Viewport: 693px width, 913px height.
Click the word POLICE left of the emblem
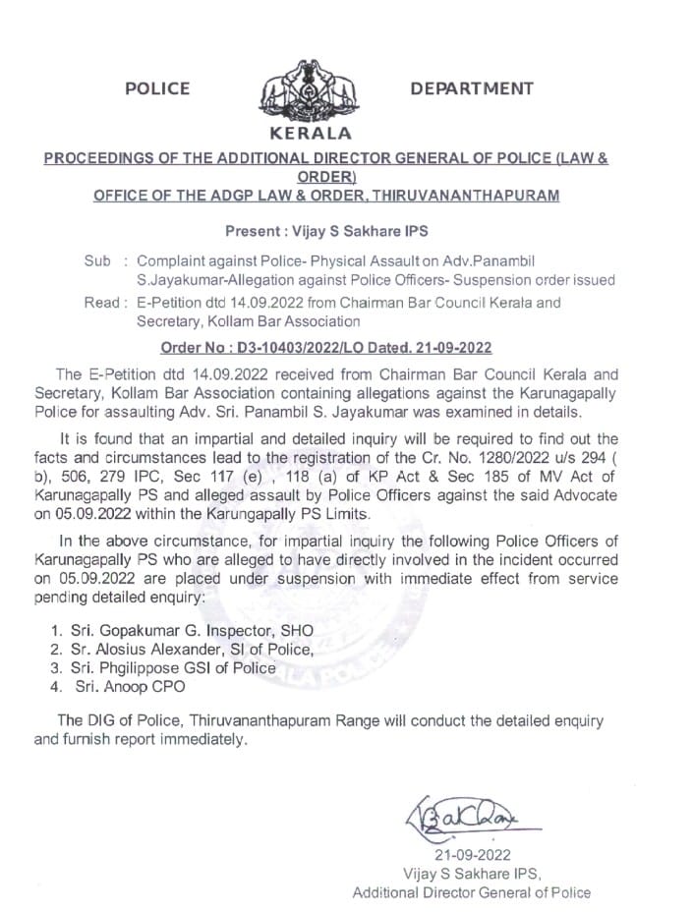click(157, 89)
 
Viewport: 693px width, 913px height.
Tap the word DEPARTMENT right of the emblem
click(472, 89)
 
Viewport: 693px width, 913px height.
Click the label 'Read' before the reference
click(100, 303)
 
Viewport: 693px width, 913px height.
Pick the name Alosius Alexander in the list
click(165, 649)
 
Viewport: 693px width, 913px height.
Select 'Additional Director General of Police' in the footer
click(472, 892)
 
